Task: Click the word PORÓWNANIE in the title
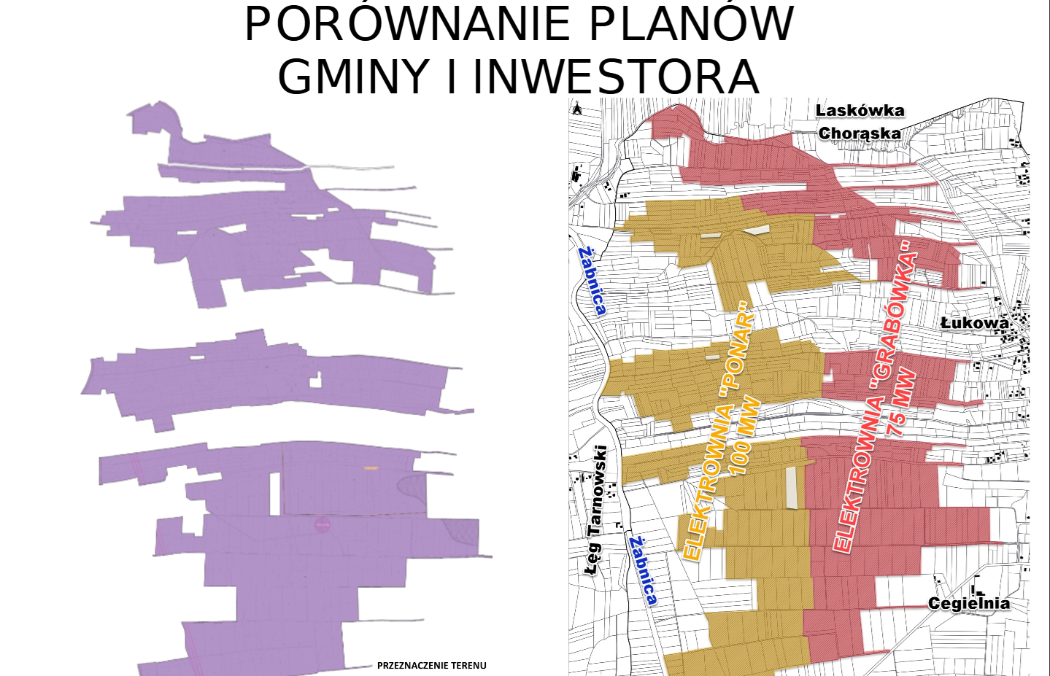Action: pos(407,24)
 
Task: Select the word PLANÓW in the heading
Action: pos(690,24)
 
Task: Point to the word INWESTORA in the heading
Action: pos(617,77)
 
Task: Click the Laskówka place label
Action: pos(860,111)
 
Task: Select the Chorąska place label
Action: pos(860,133)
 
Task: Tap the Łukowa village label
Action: pos(974,322)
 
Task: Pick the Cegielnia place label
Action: pos(969,603)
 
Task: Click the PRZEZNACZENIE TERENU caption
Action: pos(431,665)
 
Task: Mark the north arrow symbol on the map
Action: pos(577,109)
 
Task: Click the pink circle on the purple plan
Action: pos(323,524)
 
